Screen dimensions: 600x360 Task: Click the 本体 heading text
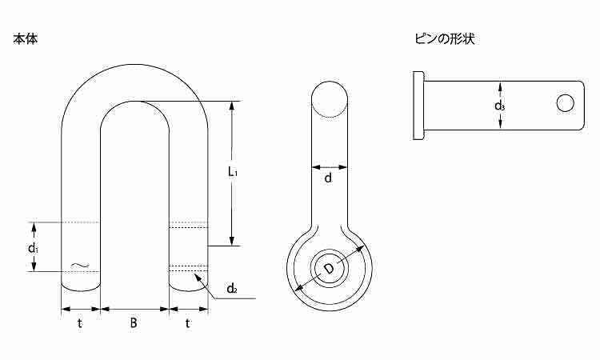pyautogui.click(x=26, y=39)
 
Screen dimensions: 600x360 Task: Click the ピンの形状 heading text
pyautogui.click(x=445, y=38)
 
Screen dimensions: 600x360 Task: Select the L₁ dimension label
pyautogui.click(x=233, y=172)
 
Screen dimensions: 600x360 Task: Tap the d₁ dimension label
pyautogui.click(x=34, y=248)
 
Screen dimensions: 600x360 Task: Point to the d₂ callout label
pyautogui.click(x=232, y=288)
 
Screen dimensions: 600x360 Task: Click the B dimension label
pyautogui.click(x=133, y=323)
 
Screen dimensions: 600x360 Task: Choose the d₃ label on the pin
pyautogui.click(x=499, y=106)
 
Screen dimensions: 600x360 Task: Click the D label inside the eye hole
pyautogui.click(x=329, y=269)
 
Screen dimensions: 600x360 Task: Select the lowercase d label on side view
pyautogui.click(x=328, y=178)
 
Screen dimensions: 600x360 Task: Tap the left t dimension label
pyautogui.click(x=79, y=323)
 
